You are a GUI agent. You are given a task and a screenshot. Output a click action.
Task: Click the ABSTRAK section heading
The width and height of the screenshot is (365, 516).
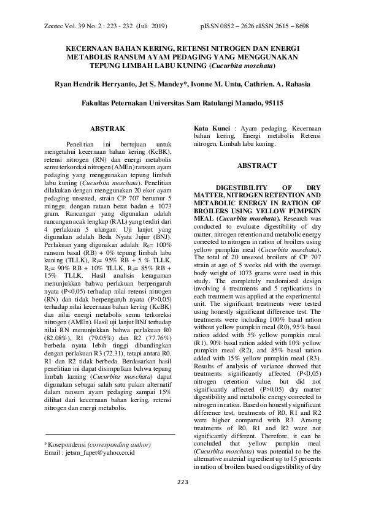pos(107,129)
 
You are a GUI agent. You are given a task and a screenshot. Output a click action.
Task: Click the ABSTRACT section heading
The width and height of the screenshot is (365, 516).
pos(257,165)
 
